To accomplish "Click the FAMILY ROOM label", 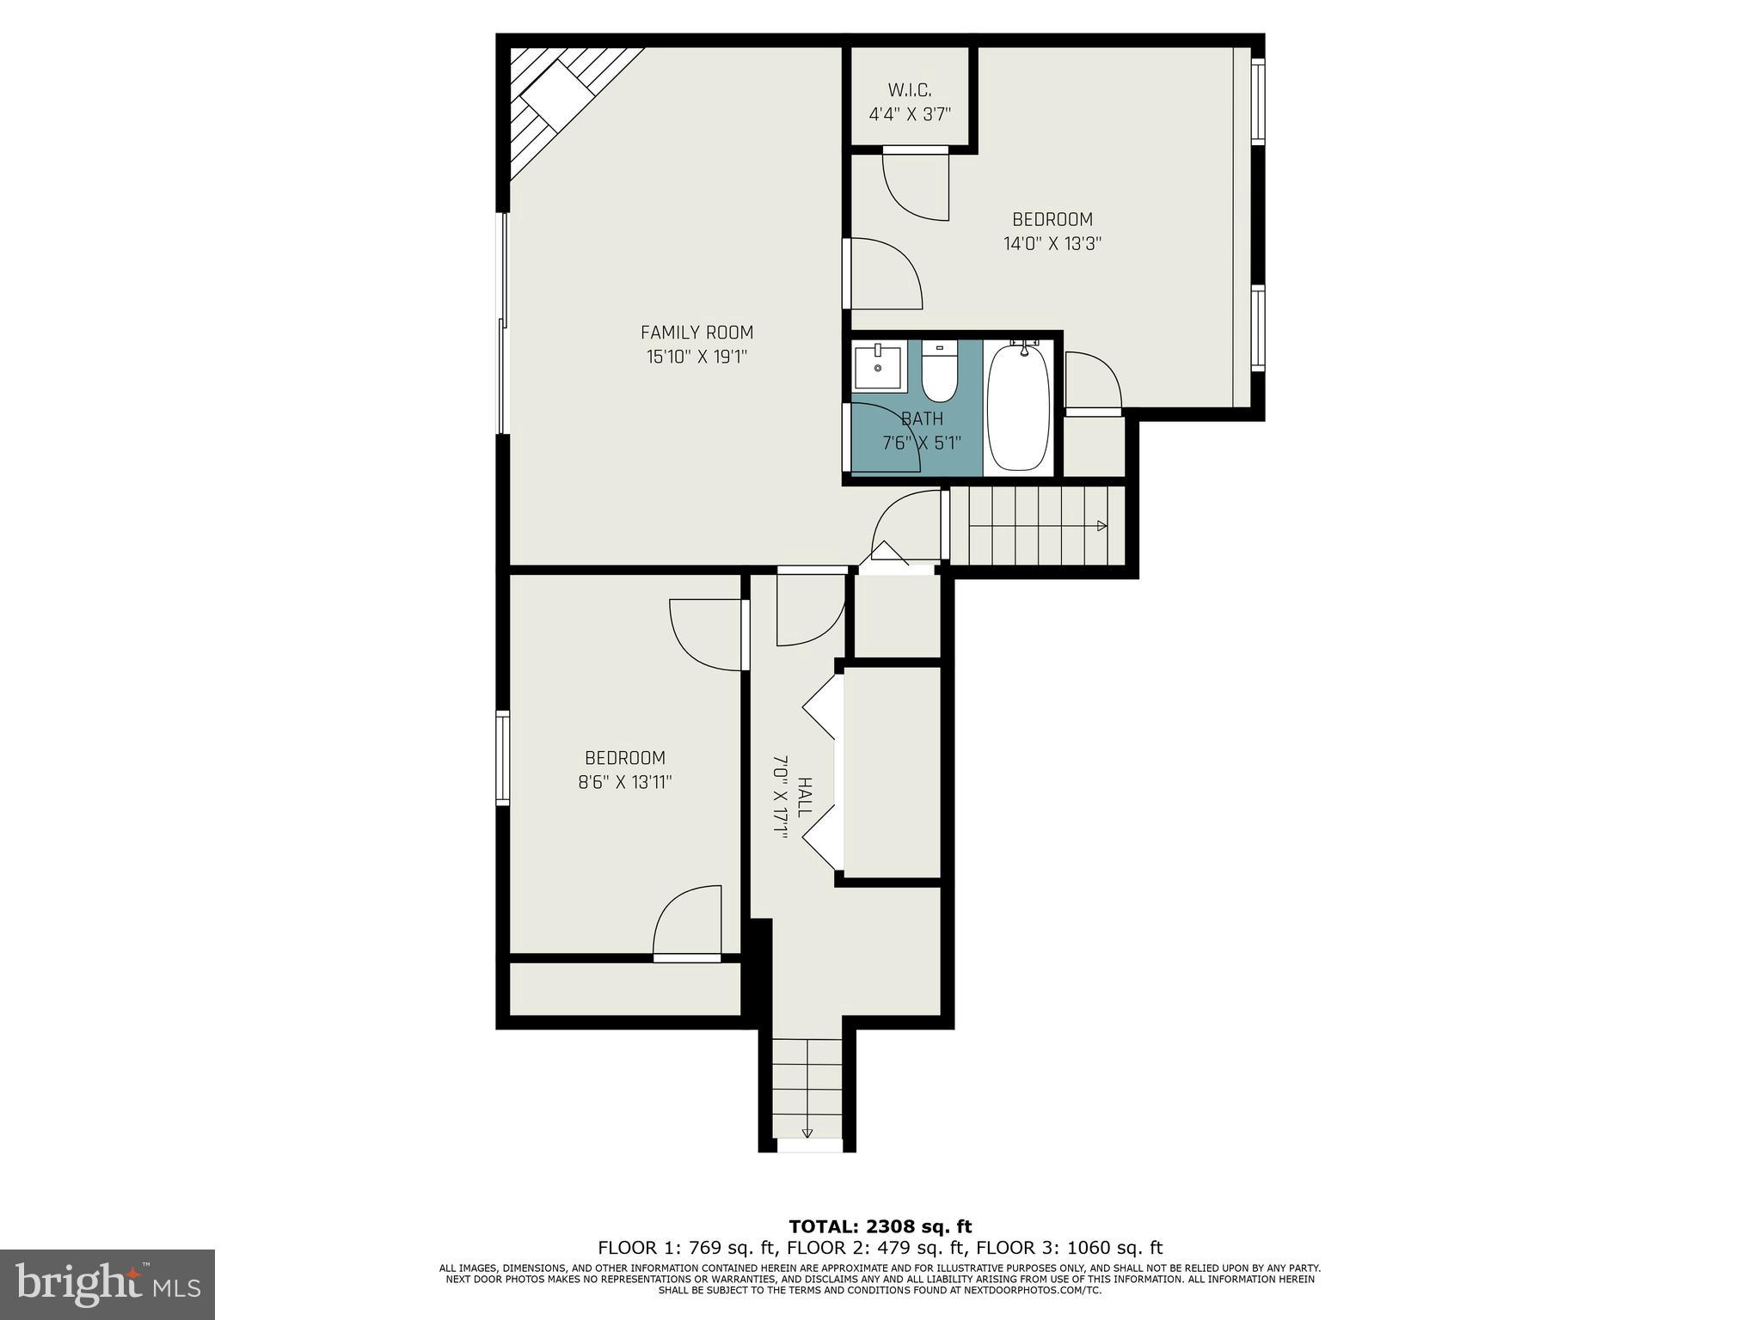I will (696, 333).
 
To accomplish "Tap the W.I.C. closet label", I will (910, 90).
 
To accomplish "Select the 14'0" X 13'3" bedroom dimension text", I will (1052, 243).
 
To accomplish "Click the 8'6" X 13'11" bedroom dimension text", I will (624, 782).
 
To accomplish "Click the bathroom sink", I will (877, 368).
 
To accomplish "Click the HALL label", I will (804, 797).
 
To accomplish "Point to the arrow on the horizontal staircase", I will (1101, 526).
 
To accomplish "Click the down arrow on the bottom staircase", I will (807, 1133).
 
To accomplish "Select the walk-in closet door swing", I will (917, 187).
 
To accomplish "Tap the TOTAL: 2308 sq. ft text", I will (880, 1226).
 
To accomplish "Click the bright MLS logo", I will (107, 1285).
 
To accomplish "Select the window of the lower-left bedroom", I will (502, 758).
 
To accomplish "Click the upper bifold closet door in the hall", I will (821, 706).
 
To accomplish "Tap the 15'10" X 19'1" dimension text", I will (696, 357).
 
